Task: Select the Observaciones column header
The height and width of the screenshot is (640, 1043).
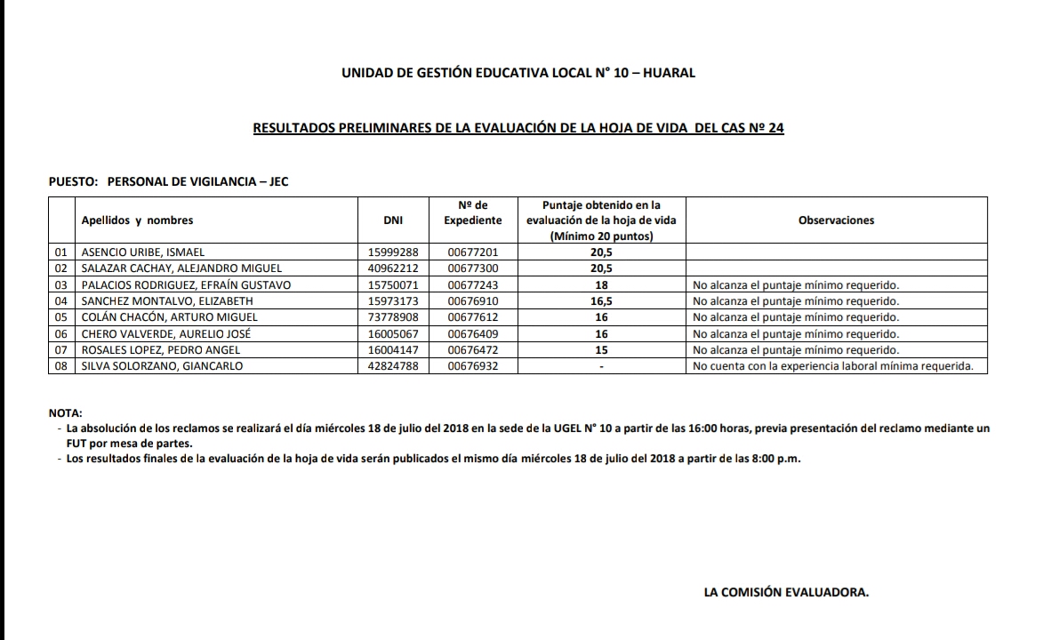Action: click(836, 220)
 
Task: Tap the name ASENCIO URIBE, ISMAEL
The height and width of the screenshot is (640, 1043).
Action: click(143, 252)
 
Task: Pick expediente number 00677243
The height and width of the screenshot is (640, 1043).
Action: click(473, 285)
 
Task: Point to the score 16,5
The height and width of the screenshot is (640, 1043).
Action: click(602, 301)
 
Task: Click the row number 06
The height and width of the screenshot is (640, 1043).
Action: click(61, 334)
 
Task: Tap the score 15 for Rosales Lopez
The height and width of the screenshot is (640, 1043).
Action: click(602, 350)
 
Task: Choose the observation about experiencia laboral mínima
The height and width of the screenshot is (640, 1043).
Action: click(833, 366)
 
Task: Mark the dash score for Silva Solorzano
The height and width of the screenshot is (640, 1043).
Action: click(602, 366)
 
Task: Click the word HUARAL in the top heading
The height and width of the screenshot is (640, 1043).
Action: click(668, 73)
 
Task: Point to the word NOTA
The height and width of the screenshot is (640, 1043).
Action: click(65, 413)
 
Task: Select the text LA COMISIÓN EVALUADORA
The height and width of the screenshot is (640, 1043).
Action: click(786, 591)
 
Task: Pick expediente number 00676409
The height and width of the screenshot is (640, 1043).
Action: click(473, 334)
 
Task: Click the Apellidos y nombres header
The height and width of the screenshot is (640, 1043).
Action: click(137, 220)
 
